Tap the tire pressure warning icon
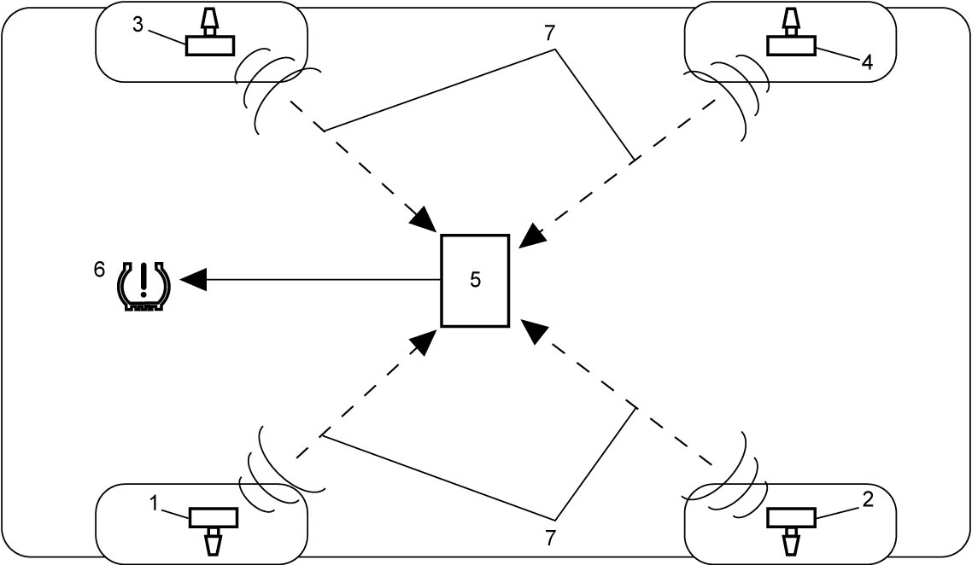pyautogui.click(x=143, y=286)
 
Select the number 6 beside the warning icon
pyautogui.click(x=99, y=270)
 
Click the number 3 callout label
pyautogui.click(x=138, y=25)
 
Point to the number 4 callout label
pyautogui.click(x=867, y=62)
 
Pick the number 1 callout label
pyautogui.click(x=155, y=504)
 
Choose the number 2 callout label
pyautogui.click(x=868, y=499)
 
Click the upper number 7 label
pyautogui.click(x=550, y=33)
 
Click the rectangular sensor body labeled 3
pyautogui.click(x=210, y=46)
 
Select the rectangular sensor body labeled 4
pyautogui.click(x=792, y=46)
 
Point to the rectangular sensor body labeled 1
pyautogui.click(x=214, y=518)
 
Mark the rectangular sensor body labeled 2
pyautogui.click(x=792, y=518)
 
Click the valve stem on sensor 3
pyautogui.click(x=210, y=21)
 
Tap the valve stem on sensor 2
pyautogui.click(x=792, y=542)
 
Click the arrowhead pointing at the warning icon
pyautogui.click(x=192, y=280)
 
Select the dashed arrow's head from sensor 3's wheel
pyautogui.click(x=427, y=221)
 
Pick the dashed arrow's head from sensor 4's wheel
pyautogui.click(x=531, y=236)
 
